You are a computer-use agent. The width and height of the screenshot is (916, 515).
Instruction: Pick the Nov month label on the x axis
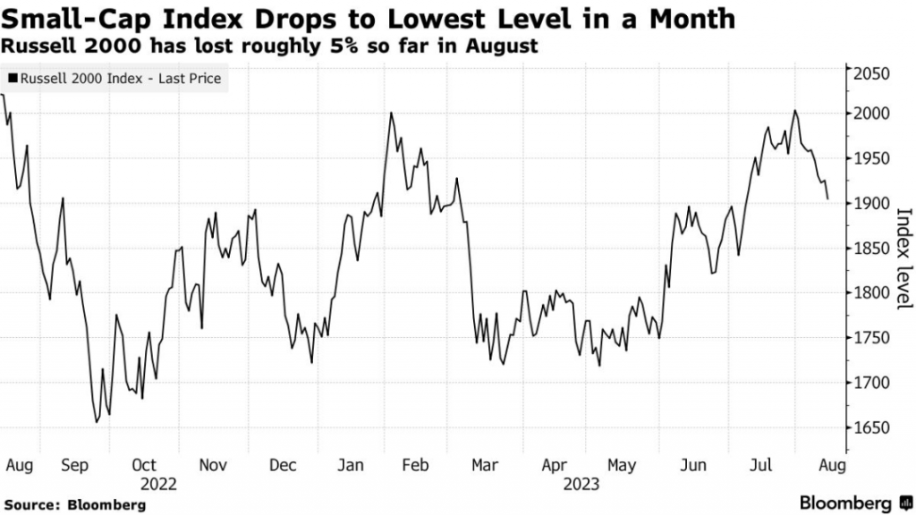click(x=213, y=465)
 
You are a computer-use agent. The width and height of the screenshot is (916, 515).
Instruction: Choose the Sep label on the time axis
click(x=75, y=465)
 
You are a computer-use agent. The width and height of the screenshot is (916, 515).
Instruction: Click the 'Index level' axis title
click(x=903, y=258)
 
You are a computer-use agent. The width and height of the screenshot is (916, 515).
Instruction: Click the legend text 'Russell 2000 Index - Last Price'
click(x=120, y=79)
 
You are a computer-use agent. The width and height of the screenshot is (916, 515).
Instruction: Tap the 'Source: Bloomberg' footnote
click(x=72, y=505)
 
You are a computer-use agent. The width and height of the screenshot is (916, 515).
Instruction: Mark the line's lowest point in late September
click(x=96, y=422)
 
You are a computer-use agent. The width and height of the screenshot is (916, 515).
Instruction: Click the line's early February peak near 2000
click(x=391, y=114)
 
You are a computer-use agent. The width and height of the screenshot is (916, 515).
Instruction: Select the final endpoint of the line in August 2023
click(x=827, y=198)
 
